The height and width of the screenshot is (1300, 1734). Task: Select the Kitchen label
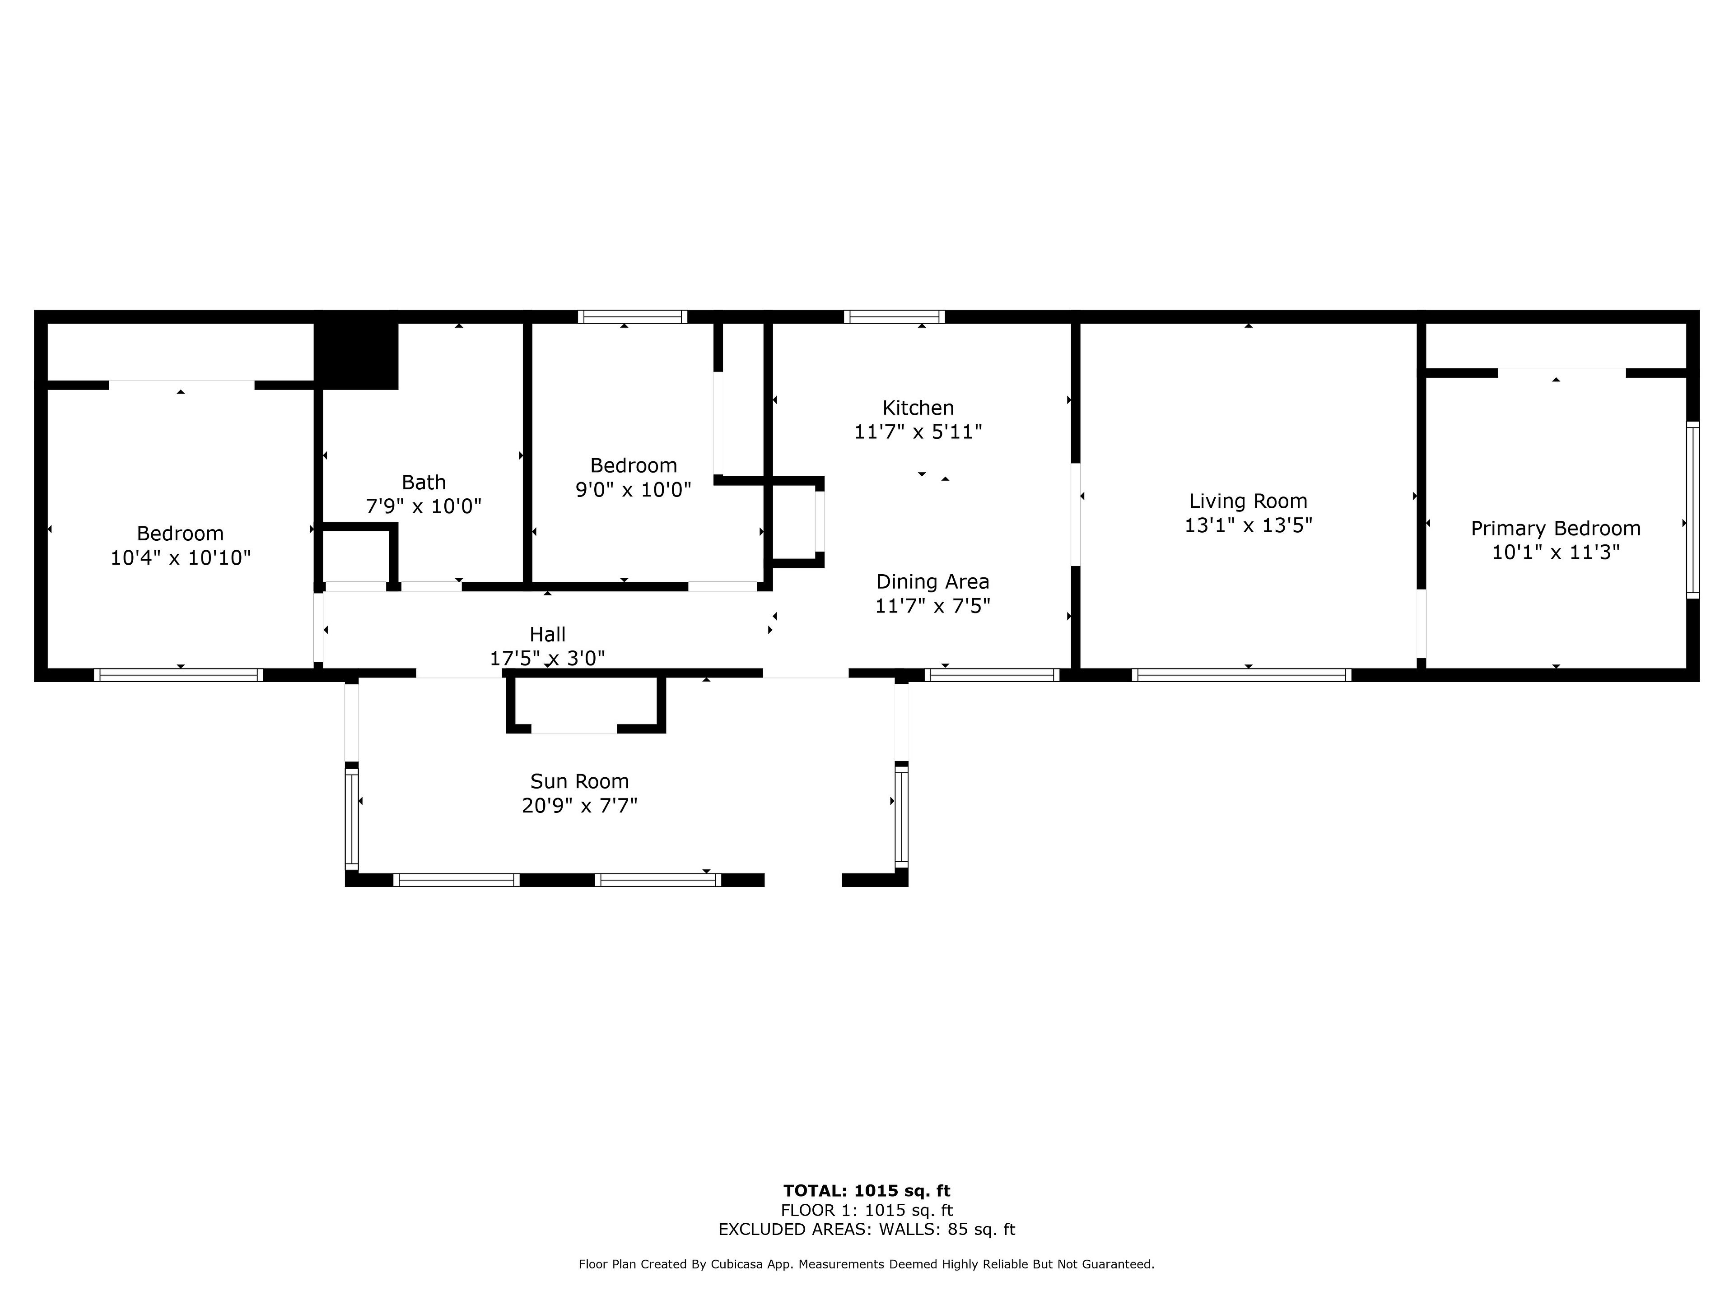coord(918,408)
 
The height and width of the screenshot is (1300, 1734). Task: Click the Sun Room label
coord(579,781)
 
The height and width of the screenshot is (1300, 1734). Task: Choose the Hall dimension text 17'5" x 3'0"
coord(547,658)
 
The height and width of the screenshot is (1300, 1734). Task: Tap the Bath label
coord(423,482)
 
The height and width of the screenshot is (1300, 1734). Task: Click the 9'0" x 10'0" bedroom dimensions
coord(634,490)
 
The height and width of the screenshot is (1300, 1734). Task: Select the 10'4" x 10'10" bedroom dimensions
coord(180,558)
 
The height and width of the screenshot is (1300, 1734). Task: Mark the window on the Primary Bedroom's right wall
coord(1692,510)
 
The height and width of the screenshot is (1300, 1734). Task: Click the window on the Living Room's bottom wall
coord(1242,675)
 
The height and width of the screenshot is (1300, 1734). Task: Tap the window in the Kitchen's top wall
coord(895,316)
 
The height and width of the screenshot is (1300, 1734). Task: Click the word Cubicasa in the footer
coord(738,1264)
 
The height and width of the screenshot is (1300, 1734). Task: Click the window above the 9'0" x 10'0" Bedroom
coord(633,316)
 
